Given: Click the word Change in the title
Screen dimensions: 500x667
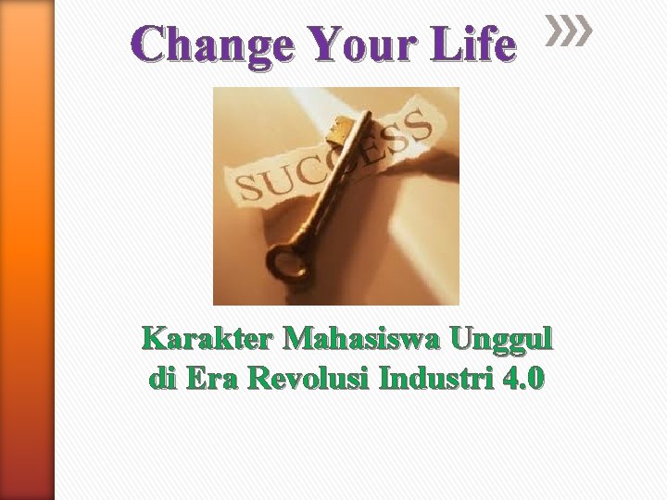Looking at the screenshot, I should coord(214,45).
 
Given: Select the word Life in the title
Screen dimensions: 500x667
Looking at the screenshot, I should coord(478,45).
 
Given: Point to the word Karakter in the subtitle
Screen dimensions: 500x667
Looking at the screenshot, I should coord(208,341).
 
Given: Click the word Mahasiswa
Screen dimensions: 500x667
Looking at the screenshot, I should coord(362,341).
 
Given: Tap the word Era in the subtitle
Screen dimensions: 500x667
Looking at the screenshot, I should coord(214,379).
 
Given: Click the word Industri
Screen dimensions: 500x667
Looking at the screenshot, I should coord(429,379).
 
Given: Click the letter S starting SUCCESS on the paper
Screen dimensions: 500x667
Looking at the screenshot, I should coord(249,189).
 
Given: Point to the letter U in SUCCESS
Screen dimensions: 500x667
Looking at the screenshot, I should coord(277,181).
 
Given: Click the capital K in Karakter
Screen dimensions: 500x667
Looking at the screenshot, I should coord(156,341).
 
